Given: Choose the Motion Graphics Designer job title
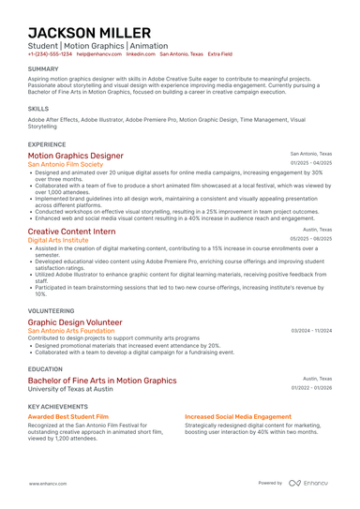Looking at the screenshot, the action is click(x=75, y=156).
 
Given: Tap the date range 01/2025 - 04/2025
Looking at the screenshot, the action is click(x=311, y=164).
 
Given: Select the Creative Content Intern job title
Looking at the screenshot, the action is click(x=71, y=231).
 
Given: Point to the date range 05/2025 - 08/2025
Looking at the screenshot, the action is click(x=311, y=239).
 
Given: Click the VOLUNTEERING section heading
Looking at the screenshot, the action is click(x=51, y=308).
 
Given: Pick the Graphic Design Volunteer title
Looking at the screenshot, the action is click(x=75, y=322).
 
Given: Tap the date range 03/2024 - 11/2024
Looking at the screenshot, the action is click(x=311, y=331).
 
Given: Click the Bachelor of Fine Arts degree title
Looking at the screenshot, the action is click(x=101, y=382).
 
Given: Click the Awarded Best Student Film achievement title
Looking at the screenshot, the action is click(x=68, y=416).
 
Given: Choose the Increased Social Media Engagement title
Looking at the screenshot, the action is click(x=238, y=416).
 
